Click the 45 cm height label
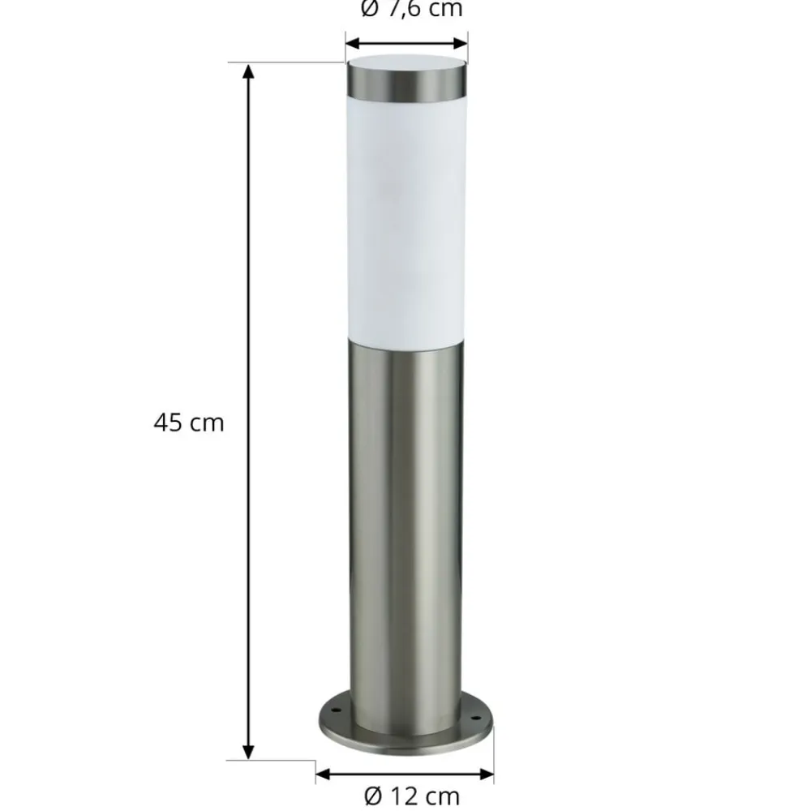click(x=188, y=423)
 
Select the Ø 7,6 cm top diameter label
click(x=410, y=10)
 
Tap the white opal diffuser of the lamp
click(x=407, y=219)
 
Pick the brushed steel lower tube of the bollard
click(x=407, y=527)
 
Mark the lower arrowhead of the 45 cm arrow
click(x=249, y=751)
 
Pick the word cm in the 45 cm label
click(x=208, y=423)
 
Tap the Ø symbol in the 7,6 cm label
click(x=369, y=10)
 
